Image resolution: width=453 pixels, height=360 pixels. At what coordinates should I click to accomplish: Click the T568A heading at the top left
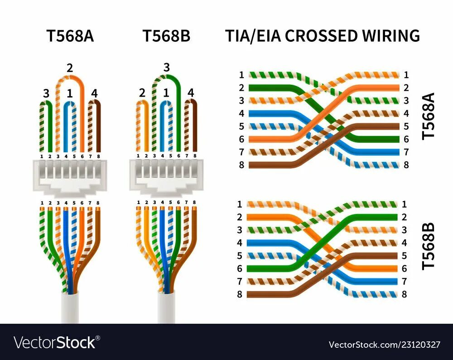pos(70,36)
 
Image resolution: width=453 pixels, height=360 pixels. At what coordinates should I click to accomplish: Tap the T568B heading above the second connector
pos(166,36)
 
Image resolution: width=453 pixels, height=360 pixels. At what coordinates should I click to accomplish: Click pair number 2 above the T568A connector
pos(69,68)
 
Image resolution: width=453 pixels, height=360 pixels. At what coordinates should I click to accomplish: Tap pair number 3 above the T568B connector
pos(166,68)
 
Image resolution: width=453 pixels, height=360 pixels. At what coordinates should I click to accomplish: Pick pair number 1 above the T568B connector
pos(166,93)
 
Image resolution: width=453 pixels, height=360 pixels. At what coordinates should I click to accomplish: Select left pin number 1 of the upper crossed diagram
pos(241,75)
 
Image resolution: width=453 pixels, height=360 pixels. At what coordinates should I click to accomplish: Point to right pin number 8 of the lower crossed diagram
pos(404,294)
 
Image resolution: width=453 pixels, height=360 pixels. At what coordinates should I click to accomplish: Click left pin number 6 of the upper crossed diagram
pos(241,139)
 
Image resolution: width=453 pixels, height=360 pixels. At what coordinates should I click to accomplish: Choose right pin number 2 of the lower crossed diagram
pos(404,217)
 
